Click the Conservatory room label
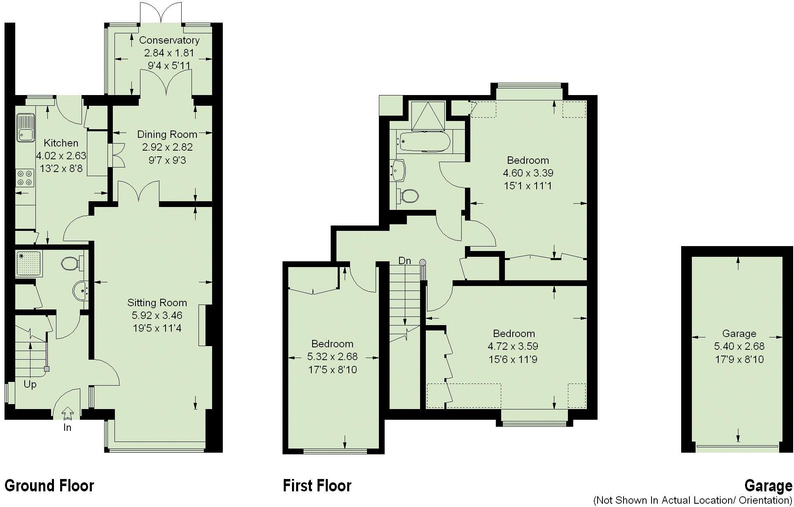point(169,40)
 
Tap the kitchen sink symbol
point(25,128)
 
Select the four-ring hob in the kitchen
point(25,178)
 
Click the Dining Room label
point(167,134)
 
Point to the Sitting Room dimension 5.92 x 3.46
point(157,315)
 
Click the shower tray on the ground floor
point(28,263)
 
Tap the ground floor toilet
point(72,263)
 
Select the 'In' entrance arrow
point(67,412)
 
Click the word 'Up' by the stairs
point(30,384)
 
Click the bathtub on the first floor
point(423,142)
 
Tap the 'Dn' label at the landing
point(404,260)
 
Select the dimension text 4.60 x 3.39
point(528,173)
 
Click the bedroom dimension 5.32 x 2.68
point(332,356)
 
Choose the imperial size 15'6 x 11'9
point(513,359)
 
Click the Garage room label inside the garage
point(739,333)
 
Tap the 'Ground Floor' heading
point(49,486)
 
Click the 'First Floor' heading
point(317,486)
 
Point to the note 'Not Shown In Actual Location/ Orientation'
point(693,500)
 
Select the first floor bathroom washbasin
point(399,170)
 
